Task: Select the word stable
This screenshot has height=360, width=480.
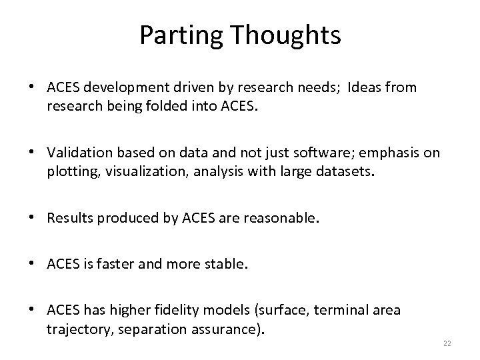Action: pyautogui.click(x=227, y=264)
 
